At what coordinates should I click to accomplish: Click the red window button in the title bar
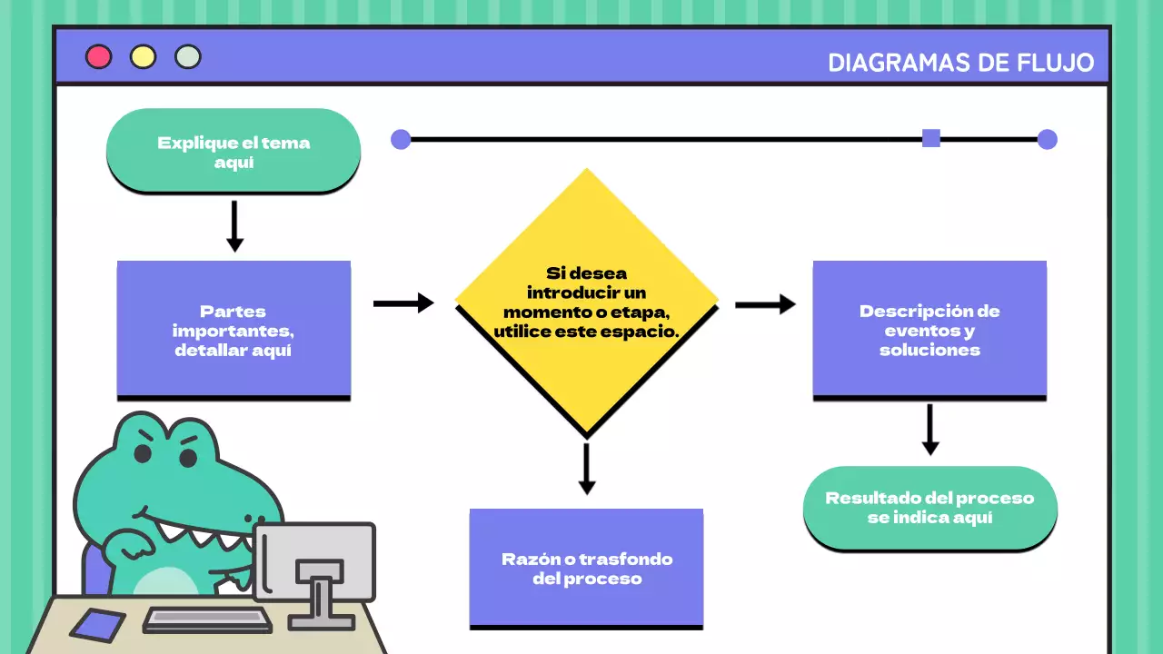pos(98,57)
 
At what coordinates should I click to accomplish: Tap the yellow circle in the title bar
pos(143,57)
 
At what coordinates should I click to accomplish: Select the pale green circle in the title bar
pos(188,57)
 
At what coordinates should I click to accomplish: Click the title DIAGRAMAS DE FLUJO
pos(961,63)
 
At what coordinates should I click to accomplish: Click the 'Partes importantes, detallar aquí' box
pos(234,330)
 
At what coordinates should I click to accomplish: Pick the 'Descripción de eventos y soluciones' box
pos(929,330)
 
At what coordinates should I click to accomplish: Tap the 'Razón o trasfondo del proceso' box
pos(586,568)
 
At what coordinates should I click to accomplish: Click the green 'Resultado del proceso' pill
pos(929,508)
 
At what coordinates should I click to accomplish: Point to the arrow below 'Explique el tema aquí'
pos(234,226)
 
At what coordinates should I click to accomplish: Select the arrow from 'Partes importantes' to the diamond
pos(403,303)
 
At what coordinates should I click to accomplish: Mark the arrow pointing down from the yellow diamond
pos(587,469)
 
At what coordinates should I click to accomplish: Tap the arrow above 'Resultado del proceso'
pos(929,430)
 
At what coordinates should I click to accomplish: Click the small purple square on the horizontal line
pos(931,138)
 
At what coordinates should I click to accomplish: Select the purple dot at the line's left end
pos(401,139)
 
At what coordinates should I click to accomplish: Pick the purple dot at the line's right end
pos(1048,139)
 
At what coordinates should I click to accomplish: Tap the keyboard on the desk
pos(208,619)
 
